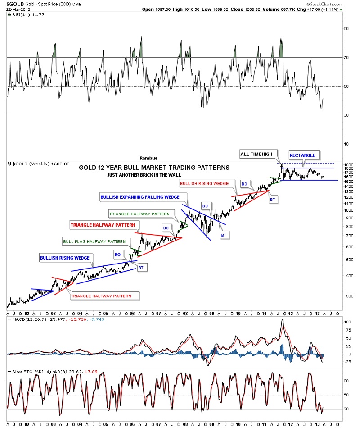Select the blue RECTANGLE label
coord(302,155)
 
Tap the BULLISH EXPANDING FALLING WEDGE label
coord(140,197)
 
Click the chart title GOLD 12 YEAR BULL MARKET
coord(154,167)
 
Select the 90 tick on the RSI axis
coord(346,28)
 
